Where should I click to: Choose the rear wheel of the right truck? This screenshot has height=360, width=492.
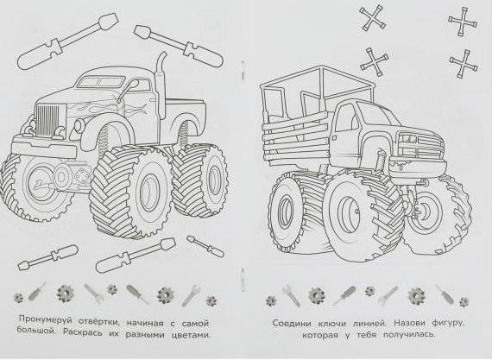293,212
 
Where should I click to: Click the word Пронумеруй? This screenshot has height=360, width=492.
48,319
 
